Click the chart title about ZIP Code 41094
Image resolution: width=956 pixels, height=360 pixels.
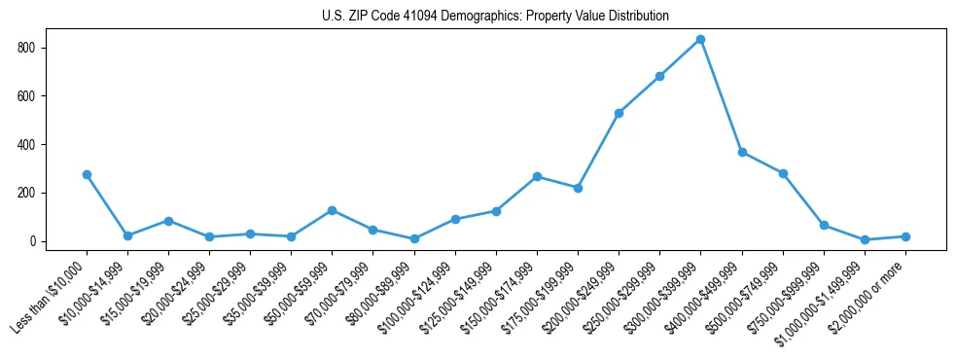click(495, 17)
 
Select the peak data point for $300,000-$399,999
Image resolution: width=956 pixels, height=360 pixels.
click(700, 39)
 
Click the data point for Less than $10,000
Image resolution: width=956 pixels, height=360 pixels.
click(87, 174)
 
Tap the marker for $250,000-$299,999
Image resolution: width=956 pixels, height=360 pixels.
click(659, 76)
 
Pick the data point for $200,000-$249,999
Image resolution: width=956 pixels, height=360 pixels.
click(619, 113)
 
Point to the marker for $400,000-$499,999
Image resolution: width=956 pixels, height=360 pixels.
click(742, 152)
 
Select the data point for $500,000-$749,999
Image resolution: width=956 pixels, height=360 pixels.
click(783, 173)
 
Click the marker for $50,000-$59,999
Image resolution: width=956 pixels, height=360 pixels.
click(333, 210)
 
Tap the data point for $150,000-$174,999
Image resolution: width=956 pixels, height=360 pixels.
click(537, 176)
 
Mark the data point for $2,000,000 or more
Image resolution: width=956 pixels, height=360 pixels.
click(905, 236)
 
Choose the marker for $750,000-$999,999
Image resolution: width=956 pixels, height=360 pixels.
click(824, 225)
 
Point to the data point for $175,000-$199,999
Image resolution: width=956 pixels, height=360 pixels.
click(578, 188)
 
